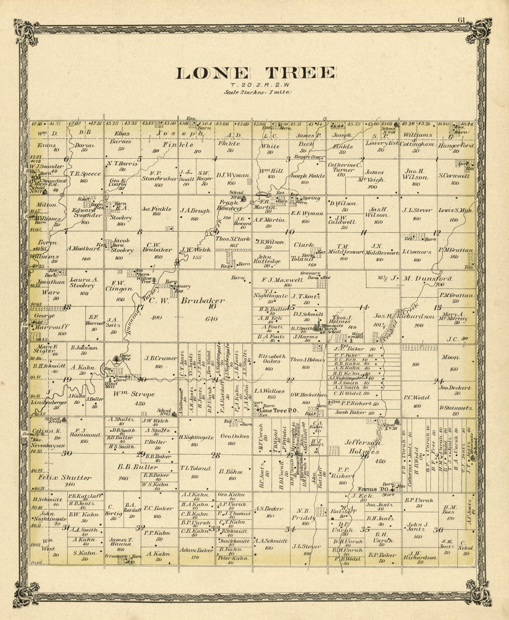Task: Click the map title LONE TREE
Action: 255,73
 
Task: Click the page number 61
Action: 462,20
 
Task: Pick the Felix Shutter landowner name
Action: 65,478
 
